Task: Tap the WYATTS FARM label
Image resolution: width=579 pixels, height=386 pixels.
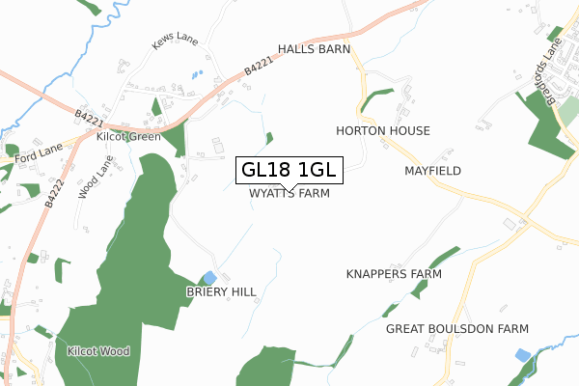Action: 289,193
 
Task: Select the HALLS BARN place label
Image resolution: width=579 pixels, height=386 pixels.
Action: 314,48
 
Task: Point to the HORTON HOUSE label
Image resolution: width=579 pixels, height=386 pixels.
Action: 383,130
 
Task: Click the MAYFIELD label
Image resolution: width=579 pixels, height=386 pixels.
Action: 432,171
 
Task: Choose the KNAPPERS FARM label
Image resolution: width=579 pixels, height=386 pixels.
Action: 394,274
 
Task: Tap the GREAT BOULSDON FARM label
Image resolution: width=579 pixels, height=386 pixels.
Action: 458,329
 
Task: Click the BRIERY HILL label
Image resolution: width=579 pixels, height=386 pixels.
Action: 222,291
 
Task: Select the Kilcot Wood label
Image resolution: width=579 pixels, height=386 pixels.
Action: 98,351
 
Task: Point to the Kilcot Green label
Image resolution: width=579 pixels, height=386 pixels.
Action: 128,137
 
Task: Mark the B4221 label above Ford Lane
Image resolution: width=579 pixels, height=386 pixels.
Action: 88,119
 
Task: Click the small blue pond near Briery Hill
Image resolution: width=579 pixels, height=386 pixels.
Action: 209,278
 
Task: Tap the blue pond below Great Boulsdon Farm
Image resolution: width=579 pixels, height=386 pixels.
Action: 523,355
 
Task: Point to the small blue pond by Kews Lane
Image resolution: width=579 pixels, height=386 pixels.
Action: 197,74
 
